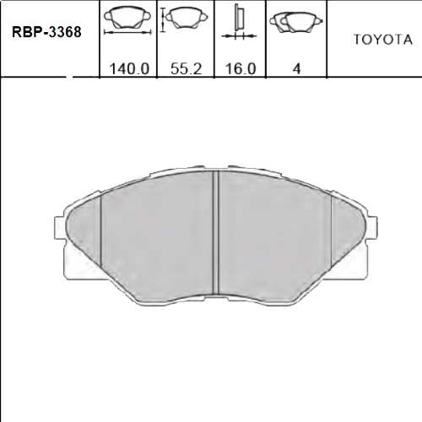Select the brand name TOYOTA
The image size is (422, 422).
[381, 40]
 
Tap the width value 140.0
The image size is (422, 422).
[129, 69]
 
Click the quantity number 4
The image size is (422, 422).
[296, 69]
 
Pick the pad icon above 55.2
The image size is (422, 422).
[182, 17]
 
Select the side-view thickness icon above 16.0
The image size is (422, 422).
[238, 21]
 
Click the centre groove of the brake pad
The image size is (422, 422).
[216, 232]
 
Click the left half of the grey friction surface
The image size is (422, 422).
[156, 236]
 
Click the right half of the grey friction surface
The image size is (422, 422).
[274, 236]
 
